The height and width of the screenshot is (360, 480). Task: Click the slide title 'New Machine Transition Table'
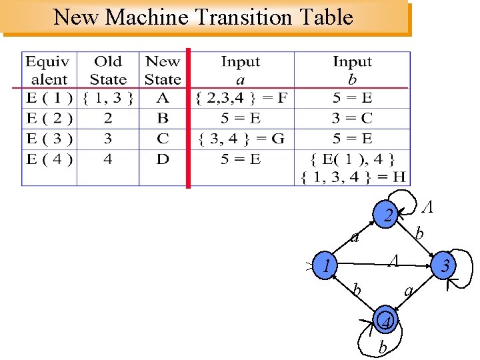pyautogui.click(x=203, y=17)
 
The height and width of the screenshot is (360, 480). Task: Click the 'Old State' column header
pyautogui.click(x=107, y=70)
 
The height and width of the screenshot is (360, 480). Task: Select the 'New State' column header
pyautogui.click(x=163, y=70)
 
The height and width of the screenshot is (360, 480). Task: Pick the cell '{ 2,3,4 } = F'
pyautogui.click(x=242, y=99)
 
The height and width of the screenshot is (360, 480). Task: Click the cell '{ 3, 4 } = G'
pyautogui.click(x=241, y=139)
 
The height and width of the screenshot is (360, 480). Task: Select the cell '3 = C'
pyautogui.click(x=352, y=119)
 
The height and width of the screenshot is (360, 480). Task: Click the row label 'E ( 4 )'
pyautogui.click(x=49, y=159)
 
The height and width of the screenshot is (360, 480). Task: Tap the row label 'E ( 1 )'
pyautogui.click(x=49, y=99)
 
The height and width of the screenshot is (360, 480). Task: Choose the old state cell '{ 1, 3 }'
pyautogui.click(x=108, y=99)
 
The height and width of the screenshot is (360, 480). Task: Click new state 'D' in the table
pyautogui.click(x=163, y=159)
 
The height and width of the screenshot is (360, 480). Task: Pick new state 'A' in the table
pyautogui.click(x=163, y=99)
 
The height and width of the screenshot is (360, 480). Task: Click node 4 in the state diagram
pyautogui.click(x=387, y=321)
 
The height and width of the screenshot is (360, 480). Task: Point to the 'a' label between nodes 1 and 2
pyautogui.click(x=356, y=237)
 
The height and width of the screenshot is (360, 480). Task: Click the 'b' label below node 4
pyautogui.click(x=382, y=347)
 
